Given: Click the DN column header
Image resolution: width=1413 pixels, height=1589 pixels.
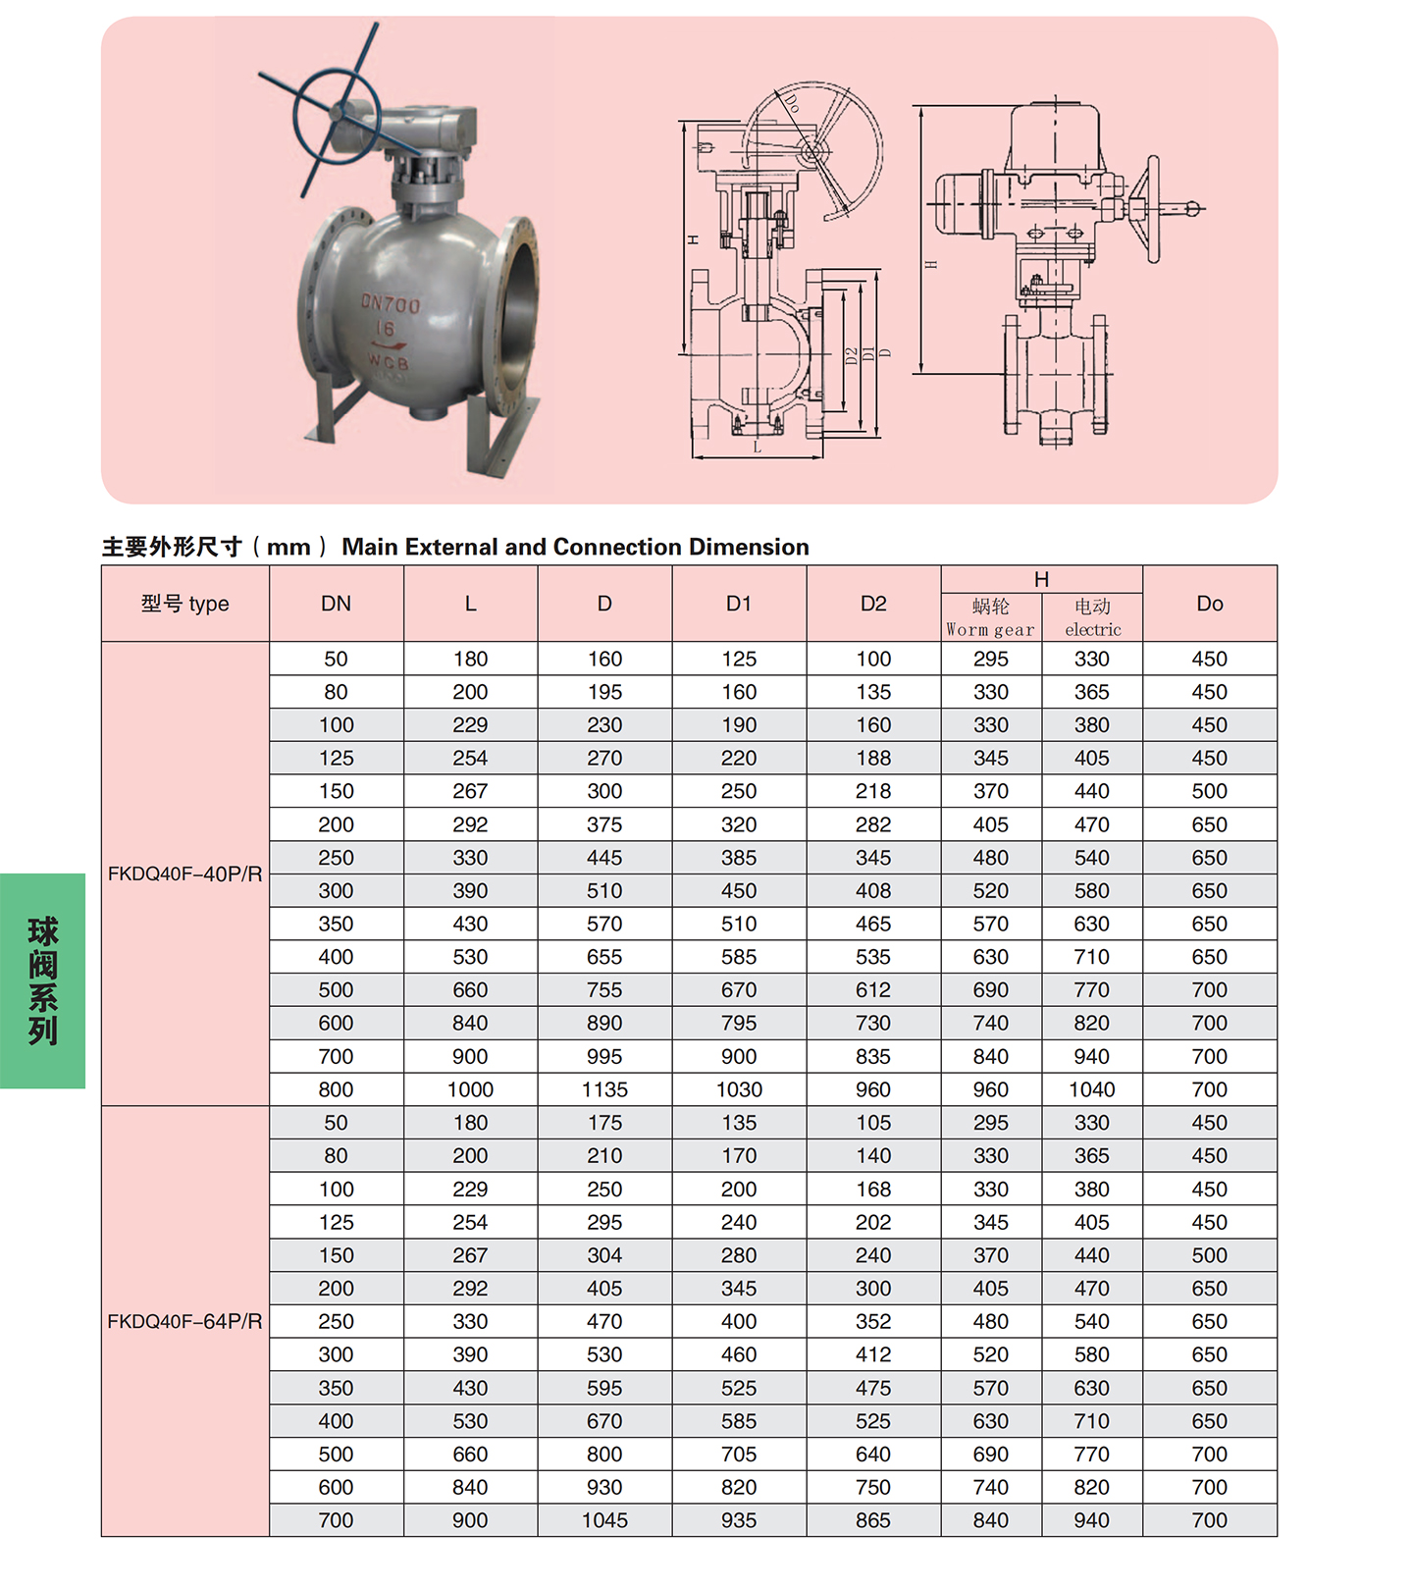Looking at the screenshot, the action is coord(336,604).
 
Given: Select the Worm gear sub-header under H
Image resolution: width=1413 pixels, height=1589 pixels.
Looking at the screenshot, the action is coord(990,618).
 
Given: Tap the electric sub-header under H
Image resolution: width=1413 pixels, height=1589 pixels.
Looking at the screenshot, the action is coord(1092,618).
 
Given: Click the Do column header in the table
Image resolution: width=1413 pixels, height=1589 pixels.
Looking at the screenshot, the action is coord(1210,604).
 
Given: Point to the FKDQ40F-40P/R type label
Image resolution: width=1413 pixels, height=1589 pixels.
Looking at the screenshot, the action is coord(185,874).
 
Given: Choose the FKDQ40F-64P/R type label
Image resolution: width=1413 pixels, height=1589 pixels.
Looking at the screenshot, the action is coord(185,1321).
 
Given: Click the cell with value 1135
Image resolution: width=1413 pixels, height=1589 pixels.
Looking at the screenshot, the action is coord(604,1089).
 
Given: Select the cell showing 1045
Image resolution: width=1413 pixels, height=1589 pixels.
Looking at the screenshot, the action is coord(604,1520).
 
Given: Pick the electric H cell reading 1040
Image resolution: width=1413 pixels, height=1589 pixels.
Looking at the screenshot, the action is coord(1092,1089).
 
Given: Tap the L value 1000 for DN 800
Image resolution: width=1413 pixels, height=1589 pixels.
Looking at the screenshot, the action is coord(470,1089).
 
